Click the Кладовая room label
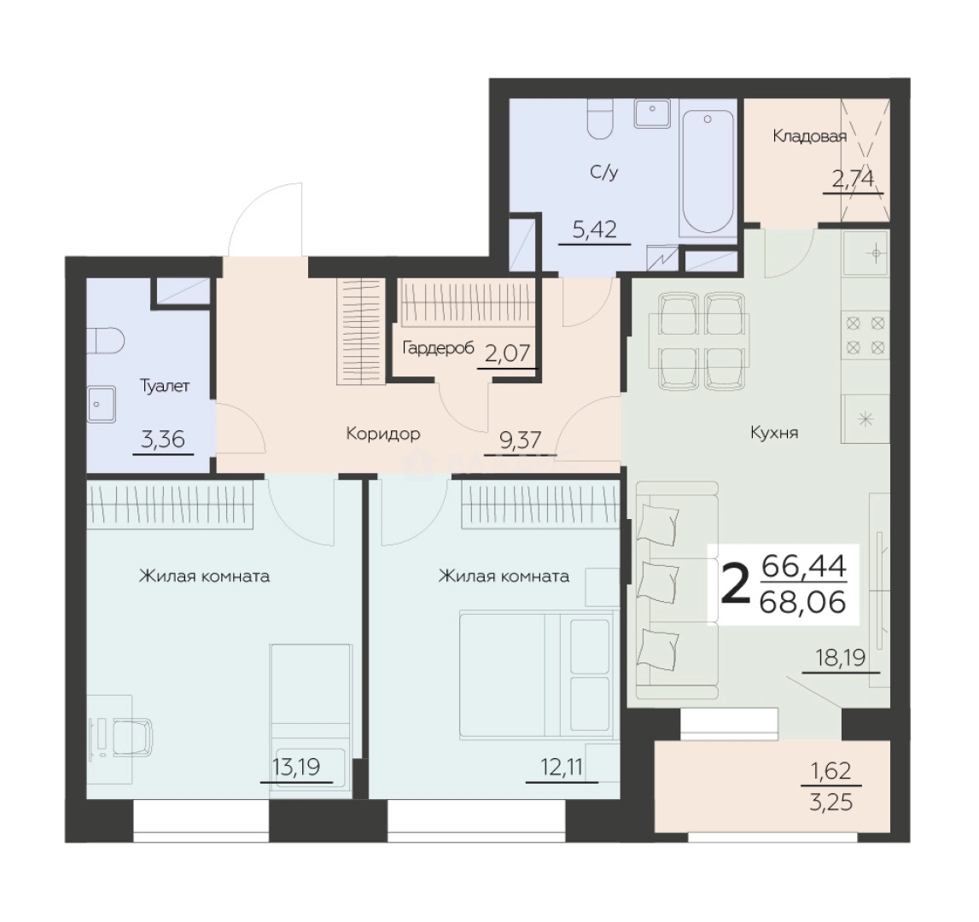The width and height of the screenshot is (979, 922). pos(809,137)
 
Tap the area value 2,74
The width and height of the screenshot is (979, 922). pos(853,180)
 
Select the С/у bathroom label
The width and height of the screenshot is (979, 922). pos(603,172)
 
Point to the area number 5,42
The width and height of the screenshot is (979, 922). pos(595,230)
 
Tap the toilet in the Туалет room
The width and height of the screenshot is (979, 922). pos(105,341)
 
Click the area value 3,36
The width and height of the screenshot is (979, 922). pos(164,440)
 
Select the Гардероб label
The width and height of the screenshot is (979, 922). pos(439,348)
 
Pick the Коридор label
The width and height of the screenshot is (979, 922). pos(382,434)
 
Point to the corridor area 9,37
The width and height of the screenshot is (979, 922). pos(521,441)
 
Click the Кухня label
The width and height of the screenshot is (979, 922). pos(774,433)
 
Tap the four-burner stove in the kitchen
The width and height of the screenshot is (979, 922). pos(865,335)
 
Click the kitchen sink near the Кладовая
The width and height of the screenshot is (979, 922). pos(865,253)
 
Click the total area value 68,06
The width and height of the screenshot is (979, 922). pos(803,603)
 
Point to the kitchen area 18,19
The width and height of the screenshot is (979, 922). pos(841,657)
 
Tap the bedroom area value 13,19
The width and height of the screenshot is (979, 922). pos(296,767)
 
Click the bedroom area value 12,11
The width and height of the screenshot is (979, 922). pos(562,767)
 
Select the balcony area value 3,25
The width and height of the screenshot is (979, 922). pos(831,802)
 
